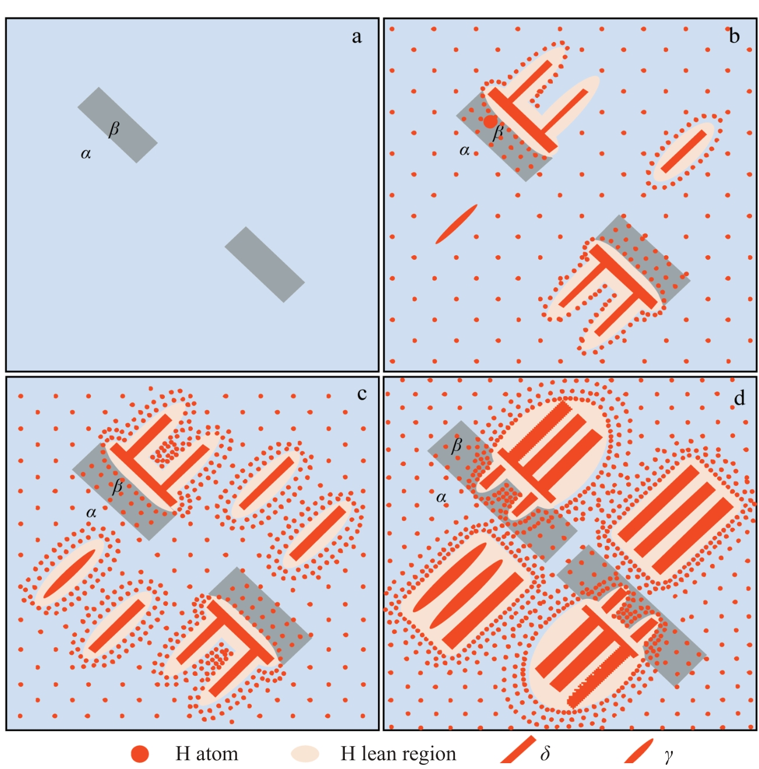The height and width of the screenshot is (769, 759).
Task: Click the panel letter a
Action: tap(356, 37)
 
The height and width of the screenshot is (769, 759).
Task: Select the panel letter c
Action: tap(362, 394)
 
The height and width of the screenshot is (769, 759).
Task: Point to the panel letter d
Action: tap(739, 398)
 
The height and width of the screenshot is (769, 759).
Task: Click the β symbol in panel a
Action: tap(114, 129)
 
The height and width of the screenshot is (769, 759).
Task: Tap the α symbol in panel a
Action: tap(86, 154)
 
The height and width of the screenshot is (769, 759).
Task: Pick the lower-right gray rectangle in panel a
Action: tap(264, 264)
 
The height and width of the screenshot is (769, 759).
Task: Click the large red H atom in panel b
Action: tap(490, 121)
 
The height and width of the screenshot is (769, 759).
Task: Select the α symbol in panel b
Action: tap(464, 151)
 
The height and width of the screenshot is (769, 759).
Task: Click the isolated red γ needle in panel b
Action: tap(456, 224)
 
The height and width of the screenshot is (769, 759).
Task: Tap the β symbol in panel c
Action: tap(117, 486)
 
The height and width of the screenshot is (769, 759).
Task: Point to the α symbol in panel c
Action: tap(91, 513)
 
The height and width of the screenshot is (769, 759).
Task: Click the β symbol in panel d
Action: tap(456, 445)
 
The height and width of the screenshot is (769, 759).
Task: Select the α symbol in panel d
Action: tap(441, 498)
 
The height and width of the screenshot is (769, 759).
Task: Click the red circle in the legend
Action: tap(140, 754)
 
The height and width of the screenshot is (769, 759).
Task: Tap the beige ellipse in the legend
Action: tap(305, 754)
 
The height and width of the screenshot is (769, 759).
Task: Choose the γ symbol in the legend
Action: tap(669, 756)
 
